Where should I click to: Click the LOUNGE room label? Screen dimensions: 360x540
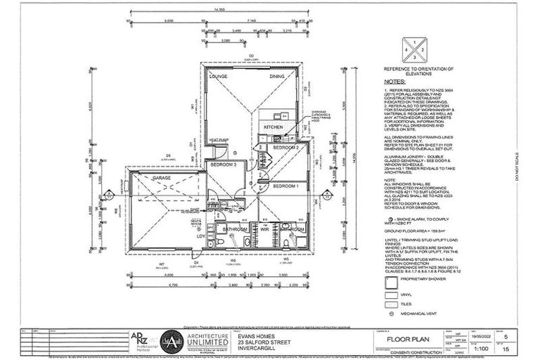pos(218,76)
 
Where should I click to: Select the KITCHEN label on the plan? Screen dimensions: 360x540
pos(273,127)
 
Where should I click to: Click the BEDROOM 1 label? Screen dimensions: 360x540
pos(286,186)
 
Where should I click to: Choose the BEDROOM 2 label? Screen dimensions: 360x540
pos(286,148)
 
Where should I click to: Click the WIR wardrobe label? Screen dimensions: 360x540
pos(266,229)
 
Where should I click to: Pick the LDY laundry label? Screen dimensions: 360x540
pos(201,236)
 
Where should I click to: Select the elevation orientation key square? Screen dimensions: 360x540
pos(418,51)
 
